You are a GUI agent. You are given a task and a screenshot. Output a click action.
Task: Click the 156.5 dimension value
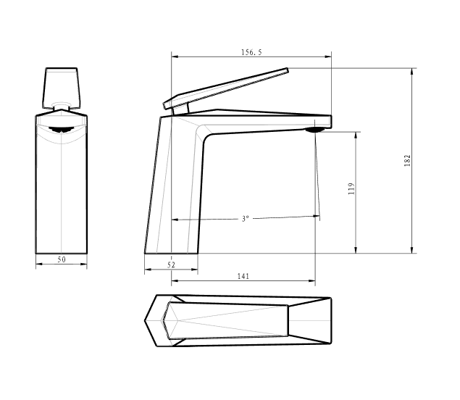click(x=251, y=52)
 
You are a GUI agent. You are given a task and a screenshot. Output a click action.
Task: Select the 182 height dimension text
click(x=408, y=161)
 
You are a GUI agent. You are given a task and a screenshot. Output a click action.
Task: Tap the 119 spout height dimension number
click(x=351, y=188)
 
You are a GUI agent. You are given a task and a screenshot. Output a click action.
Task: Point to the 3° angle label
click(x=246, y=219)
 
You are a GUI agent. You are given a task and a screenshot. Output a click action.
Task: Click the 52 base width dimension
click(x=171, y=265)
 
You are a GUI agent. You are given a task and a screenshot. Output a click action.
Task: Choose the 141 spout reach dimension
click(x=243, y=276)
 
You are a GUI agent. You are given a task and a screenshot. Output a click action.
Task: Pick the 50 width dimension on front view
click(x=62, y=259)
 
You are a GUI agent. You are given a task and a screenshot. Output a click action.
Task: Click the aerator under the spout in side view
click(x=315, y=130)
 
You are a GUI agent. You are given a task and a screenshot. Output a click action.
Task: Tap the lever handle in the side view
click(x=226, y=88)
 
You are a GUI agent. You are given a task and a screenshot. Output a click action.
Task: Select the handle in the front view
click(x=62, y=88)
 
